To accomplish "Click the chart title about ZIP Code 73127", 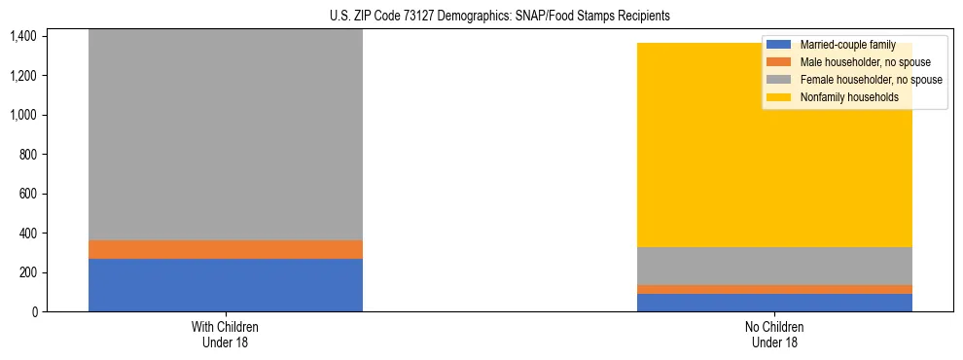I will tap(500, 17).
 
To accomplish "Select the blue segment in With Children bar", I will tap(226, 285).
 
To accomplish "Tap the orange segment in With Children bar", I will tap(226, 249).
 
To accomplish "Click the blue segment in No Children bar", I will tap(775, 303).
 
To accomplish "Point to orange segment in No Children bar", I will tap(775, 289).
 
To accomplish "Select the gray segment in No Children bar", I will tap(775, 266).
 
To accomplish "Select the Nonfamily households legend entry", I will tap(849, 97).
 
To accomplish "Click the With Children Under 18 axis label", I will tap(226, 334).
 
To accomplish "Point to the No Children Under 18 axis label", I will tap(775, 334).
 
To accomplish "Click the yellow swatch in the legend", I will tap(779, 97).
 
